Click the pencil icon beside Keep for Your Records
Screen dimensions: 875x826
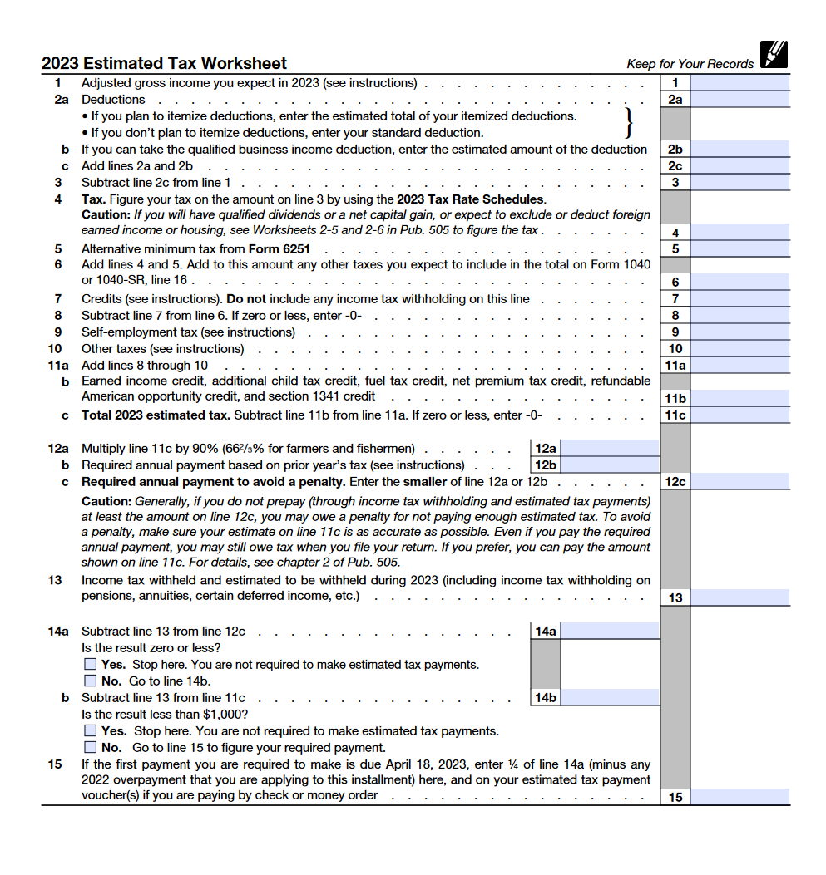[773, 54]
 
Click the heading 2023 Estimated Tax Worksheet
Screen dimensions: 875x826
[164, 63]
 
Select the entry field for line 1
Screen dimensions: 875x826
[739, 83]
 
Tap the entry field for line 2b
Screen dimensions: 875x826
[739, 150]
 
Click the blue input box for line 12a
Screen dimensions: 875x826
[610, 449]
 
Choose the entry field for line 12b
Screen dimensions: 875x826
[610, 465]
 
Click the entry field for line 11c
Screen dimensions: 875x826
[739, 415]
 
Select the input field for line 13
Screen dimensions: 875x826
[739, 597]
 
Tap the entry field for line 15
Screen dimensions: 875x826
[739, 797]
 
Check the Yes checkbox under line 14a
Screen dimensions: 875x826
[91, 665]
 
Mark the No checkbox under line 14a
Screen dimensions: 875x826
[91, 681]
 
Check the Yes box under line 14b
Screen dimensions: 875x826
[91, 731]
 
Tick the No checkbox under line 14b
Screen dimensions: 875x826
[91, 748]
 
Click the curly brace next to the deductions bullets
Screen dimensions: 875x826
[629, 124]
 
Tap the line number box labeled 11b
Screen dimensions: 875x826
[675, 399]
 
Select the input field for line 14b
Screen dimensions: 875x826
[610, 698]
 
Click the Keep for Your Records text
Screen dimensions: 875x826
[690, 64]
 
